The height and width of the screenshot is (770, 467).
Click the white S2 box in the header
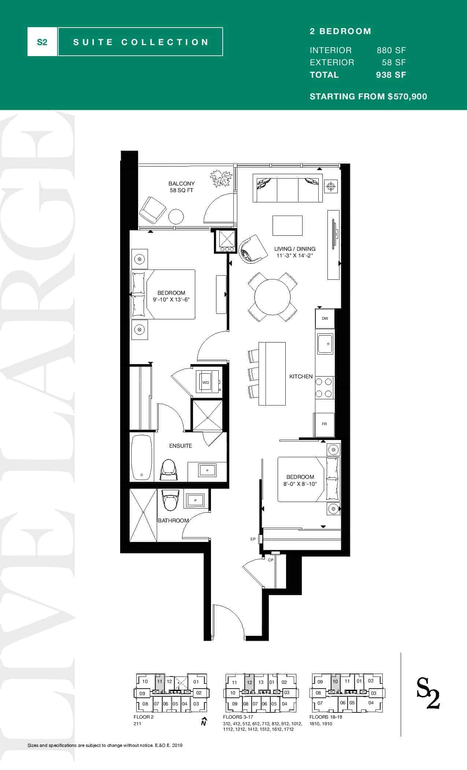[x=42, y=42]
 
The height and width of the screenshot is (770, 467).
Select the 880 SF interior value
[x=391, y=50]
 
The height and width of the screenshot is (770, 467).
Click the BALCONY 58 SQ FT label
[x=181, y=187]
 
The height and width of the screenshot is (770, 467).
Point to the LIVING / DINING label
[x=295, y=249]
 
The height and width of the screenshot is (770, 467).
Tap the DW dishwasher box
[x=325, y=318]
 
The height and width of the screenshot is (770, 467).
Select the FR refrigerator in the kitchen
[x=324, y=424]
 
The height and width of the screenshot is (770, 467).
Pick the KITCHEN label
[x=301, y=377]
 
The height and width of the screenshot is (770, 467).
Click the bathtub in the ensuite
[x=141, y=457]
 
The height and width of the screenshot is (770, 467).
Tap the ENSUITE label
[x=180, y=446]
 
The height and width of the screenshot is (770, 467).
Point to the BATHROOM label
[x=173, y=521]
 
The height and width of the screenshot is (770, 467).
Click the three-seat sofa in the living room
[x=288, y=188]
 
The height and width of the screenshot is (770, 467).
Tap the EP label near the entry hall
[x=253, y=539]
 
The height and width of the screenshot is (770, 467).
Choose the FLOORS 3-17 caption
[x=238, y=717]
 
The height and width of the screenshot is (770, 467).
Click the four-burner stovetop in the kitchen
[x=325, y=388]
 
